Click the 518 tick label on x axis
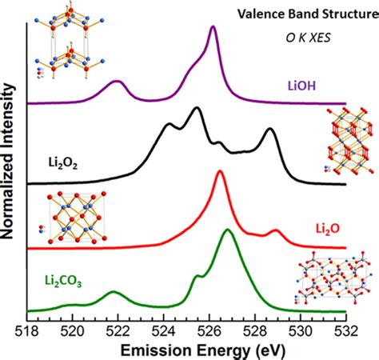tap(27, 330)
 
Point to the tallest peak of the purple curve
tap(213, 27)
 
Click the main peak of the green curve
tap(229, 230)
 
